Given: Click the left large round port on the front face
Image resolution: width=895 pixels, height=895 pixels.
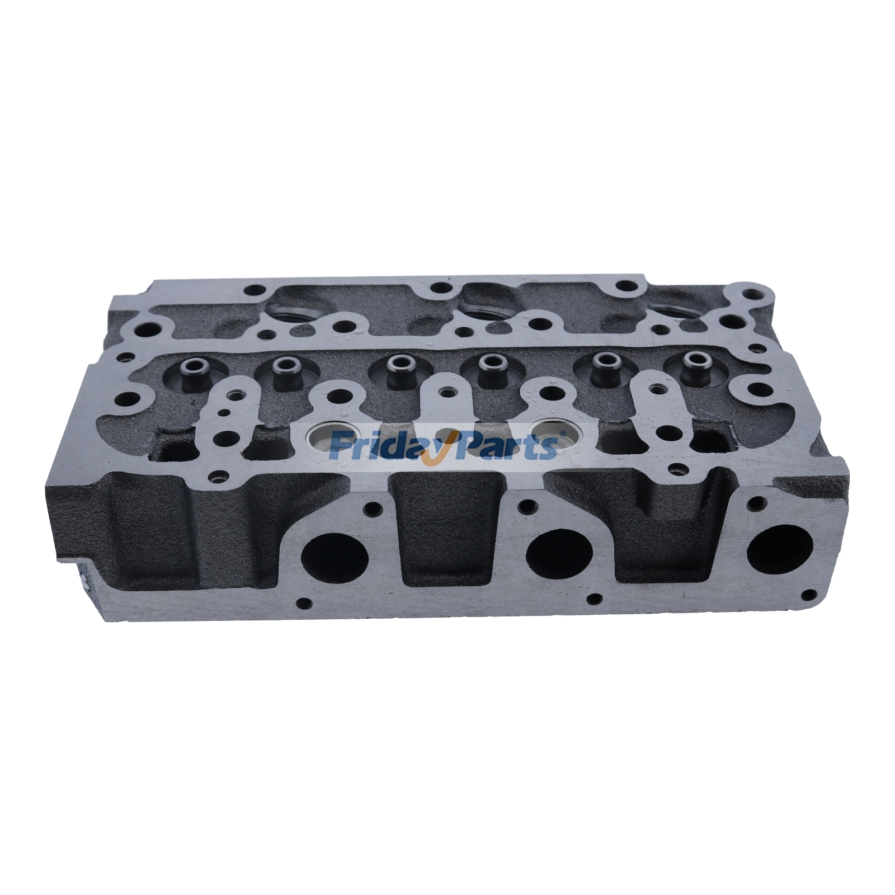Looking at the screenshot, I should (x=335, y=557).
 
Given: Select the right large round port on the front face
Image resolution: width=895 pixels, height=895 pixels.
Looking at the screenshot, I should (x=779, y=549).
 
